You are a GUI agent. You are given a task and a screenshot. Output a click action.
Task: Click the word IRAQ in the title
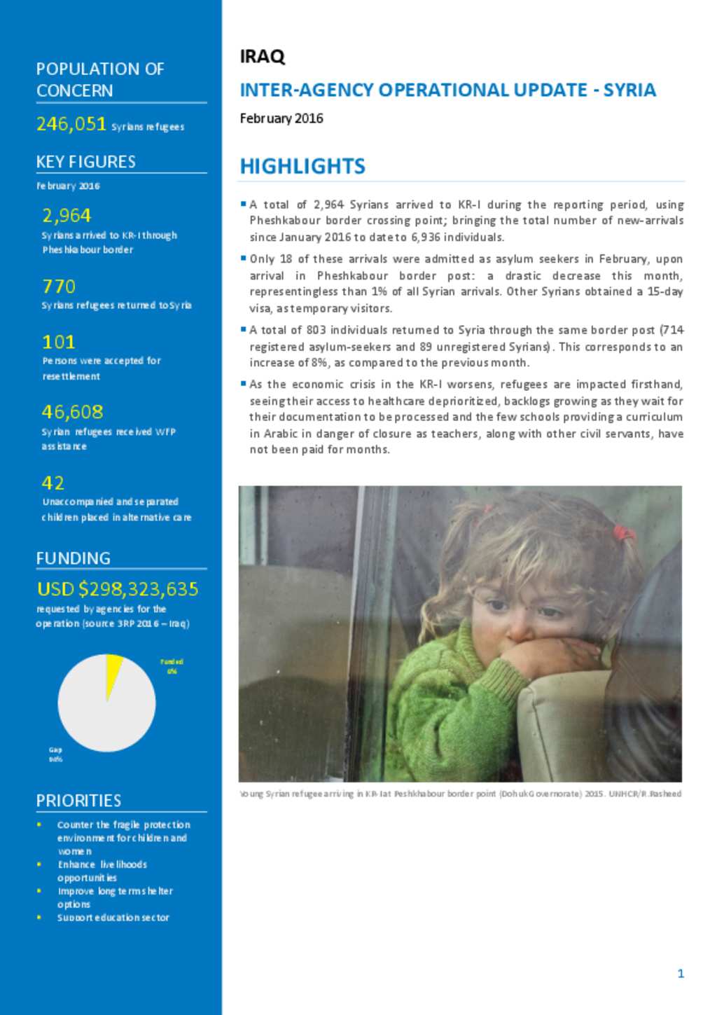262,57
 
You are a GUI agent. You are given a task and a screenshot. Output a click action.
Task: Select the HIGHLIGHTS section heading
302,166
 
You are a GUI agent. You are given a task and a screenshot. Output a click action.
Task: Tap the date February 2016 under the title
281,118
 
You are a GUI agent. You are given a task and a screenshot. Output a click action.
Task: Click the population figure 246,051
71,124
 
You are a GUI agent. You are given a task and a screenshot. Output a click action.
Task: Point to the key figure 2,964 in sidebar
67,215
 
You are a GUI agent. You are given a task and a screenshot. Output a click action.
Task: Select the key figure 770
59,286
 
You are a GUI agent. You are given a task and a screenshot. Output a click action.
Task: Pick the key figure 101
59,342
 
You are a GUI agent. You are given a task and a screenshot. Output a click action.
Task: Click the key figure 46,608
72,412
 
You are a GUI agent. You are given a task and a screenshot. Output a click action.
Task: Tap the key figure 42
53,483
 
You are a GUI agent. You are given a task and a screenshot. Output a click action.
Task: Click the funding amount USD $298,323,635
118,589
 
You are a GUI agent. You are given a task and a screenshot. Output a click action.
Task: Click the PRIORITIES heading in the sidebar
78,801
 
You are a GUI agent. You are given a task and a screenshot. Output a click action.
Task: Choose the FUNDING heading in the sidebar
74,558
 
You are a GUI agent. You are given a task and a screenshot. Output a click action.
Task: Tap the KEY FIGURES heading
86,162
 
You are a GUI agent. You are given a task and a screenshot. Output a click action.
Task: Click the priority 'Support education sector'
113,918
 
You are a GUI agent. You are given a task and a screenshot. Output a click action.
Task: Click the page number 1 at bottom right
681,973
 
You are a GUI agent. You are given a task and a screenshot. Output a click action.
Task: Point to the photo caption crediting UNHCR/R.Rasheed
460,794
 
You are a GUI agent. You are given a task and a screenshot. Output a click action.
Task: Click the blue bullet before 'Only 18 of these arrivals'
243,258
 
